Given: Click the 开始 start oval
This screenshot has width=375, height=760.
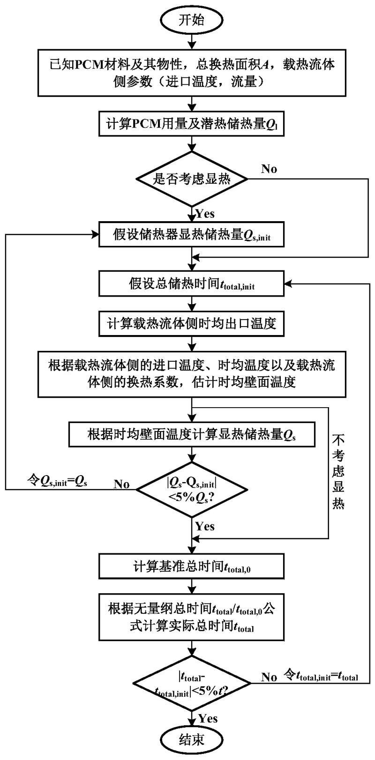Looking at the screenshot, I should [192, 19].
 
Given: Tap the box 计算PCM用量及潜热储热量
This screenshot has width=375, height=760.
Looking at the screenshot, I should [192, 124].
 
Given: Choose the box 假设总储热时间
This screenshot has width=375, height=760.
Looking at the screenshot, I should [192, 284].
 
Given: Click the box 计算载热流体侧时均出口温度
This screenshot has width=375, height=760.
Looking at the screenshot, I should [192, 323].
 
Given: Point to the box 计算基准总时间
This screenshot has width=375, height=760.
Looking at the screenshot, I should [192, 567].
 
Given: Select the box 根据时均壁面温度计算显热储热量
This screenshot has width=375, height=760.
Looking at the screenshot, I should [192, 435].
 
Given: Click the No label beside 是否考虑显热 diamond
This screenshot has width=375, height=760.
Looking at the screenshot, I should [269, 169].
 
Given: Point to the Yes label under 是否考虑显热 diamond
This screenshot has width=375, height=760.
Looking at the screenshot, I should [205, 214].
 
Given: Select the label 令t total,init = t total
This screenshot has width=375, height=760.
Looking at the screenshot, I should [321, 676].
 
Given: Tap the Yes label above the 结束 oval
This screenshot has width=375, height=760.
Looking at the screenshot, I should [208, 718].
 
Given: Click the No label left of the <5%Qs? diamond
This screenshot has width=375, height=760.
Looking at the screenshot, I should [121, 484].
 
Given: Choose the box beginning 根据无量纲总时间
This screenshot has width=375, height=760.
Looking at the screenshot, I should [192, 617].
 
